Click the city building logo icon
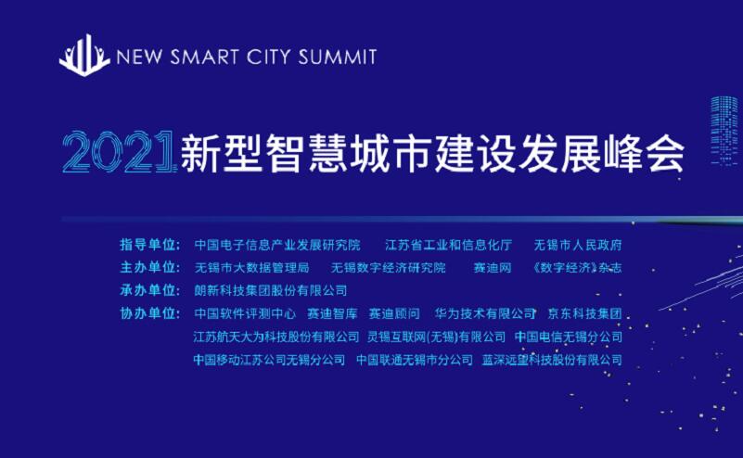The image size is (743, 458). (83, 55)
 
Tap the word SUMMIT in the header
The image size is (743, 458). (338, 57)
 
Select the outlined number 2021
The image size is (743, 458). (119, 151)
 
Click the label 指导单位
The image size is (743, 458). (149, 245)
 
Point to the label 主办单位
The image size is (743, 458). (149, 268)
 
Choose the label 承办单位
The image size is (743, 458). (149, 290)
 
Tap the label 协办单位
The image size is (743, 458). (149, 313)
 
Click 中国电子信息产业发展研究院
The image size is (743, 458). (277, 245)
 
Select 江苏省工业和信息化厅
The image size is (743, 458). (448, 245)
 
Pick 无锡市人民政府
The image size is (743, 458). (578, 245)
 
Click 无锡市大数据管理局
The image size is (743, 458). (251, 268)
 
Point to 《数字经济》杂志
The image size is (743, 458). (577, 268)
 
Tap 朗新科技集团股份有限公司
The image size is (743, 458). (271, 290)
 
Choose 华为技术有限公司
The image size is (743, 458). (485, 313)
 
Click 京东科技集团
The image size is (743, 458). (584, 313)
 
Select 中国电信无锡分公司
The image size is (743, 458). (569, 337)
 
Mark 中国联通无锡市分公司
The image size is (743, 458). (415, 360)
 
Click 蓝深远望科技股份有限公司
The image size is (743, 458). (552, 360)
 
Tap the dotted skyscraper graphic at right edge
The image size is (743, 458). (725, 131)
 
